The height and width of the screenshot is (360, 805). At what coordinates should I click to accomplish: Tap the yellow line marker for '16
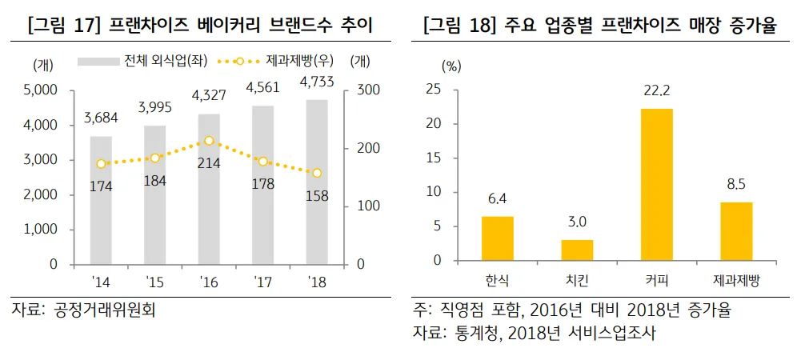pyautogui.click(x=209, y=141)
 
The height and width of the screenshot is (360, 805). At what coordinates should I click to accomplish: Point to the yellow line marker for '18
pyautogui.click(x=317, y=173)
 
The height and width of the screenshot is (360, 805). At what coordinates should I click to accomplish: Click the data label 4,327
pyautogui.click(x=209, y=96)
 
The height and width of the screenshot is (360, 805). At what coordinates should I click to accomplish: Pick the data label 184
pyautogui.click(x=154, y=181)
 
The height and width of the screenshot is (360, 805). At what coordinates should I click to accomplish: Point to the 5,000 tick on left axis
pyautogui.click(x=41, y=90)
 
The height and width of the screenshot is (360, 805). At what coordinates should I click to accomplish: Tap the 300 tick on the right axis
pyautogui.click(x=357, y=90)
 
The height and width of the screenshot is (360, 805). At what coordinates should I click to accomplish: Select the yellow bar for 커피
pyautogui.click(x=656, y=184)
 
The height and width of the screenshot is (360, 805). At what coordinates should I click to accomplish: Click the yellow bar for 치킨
pyautogui.click(x=577, y=250)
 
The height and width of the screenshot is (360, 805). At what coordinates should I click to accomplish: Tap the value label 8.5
pyautogui.click(x=736, y=186)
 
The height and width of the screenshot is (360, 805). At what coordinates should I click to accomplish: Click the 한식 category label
pyautogui.click(x=497, y=281)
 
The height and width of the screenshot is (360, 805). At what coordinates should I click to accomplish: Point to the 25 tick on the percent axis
pyautogui.click(x=455, y=90)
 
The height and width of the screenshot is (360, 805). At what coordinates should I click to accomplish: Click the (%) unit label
pyautogui.click(x=452, y=66)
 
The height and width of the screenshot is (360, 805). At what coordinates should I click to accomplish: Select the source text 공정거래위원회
pyautogui.click(x=104, y=310)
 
